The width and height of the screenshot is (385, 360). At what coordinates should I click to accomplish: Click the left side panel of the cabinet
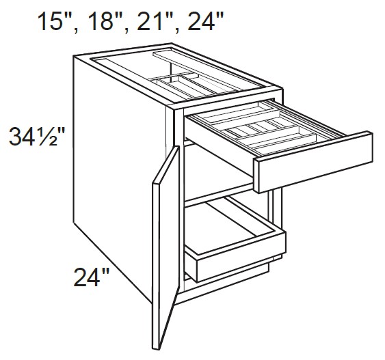coord(116,171)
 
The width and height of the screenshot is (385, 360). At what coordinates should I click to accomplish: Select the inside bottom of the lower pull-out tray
coord(233,229)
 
